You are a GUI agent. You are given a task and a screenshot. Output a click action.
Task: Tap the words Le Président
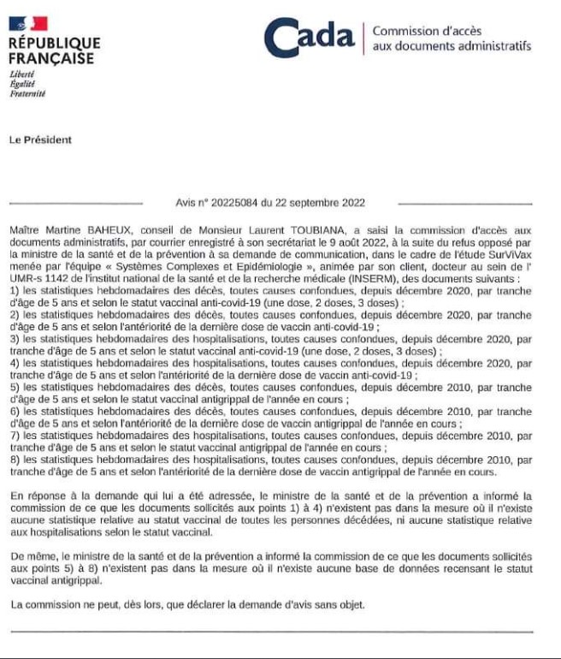(x=40, y=140)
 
